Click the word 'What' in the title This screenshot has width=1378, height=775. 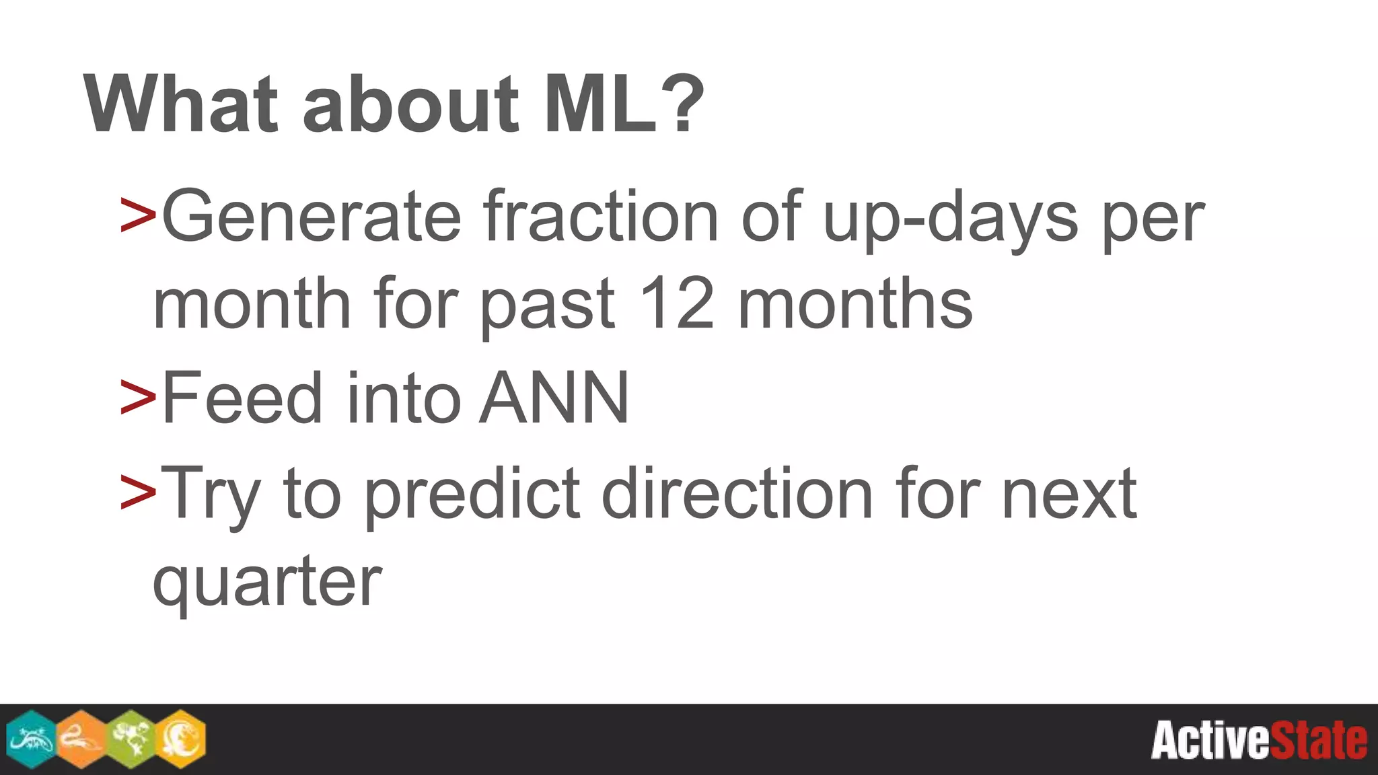[x=180, y=104]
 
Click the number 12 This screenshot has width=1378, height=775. [x=676, y=304]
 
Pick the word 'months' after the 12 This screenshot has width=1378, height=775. [x=855, y=304]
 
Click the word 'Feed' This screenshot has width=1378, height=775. [x=243, y=398]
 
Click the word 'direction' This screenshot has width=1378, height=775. [x=737, y=494]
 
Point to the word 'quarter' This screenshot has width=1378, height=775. [x=268, y=583]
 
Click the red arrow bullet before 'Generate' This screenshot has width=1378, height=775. [x=138, y=215]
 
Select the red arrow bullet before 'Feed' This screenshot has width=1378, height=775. [x=138, y=397]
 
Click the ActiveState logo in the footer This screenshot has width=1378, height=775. [x=1258, y=740]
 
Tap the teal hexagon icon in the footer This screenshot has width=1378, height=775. [x=31, y=739]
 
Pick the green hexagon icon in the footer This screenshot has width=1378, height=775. [x=131, y=739]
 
